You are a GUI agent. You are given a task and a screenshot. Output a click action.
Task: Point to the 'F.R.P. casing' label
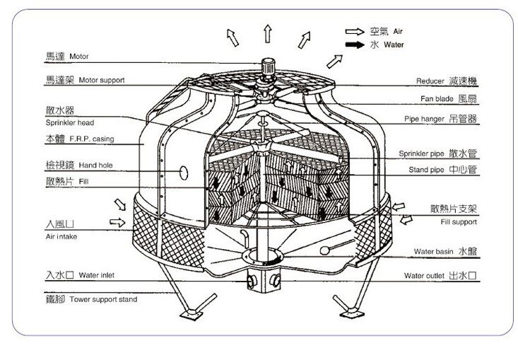pos(92,139)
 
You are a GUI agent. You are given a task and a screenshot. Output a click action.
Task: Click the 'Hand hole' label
pos(96,166)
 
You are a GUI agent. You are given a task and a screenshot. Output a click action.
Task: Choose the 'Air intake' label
pos(60,236)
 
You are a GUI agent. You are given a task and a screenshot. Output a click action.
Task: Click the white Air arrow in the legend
pos(353,32)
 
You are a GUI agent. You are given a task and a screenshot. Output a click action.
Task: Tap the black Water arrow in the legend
pos(353,45)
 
